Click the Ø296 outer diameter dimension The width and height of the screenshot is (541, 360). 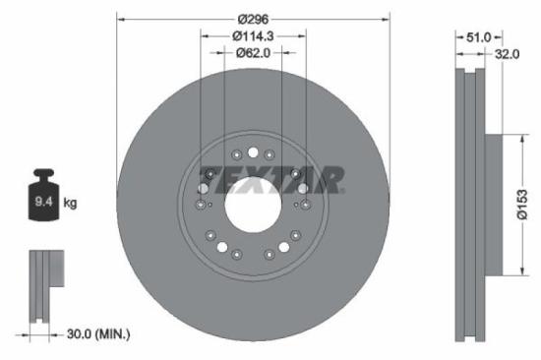253,18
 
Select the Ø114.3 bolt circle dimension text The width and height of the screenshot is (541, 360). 253,35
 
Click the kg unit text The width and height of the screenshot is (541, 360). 71,204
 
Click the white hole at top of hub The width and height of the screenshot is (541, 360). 253,151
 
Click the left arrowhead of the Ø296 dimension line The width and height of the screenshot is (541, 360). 121,18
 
